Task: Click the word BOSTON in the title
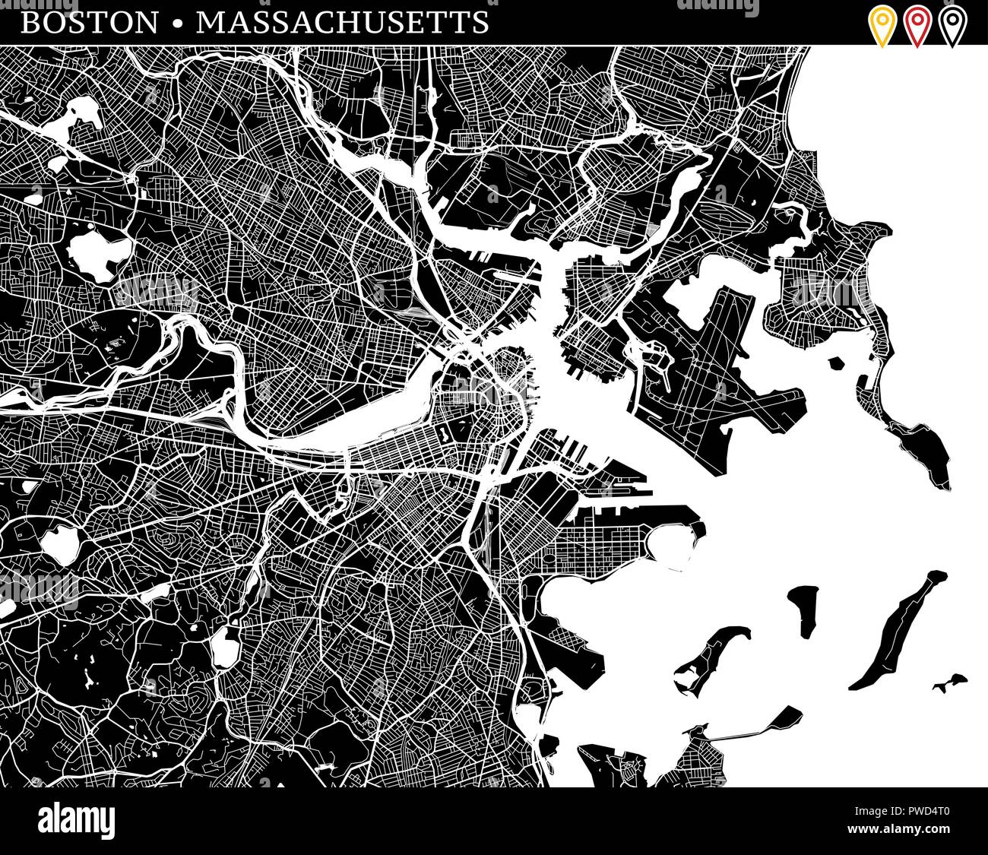pyautogui.click(x=90, y=23)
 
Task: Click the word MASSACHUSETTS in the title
pyautogui.click(x=342, y=23)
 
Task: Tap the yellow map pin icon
pyautogui.click(x=882, y=25)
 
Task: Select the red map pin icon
pyautogui.click(x=917, y=25)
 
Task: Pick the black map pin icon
pyautogui.click(x=952, y=25)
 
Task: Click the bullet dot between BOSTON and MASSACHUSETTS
pyautogui.click(x=177, y=24)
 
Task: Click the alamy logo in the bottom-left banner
pyautogui.click(x=77, y=822)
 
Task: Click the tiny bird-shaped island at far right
pyautogui.click(x=950, y=682)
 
